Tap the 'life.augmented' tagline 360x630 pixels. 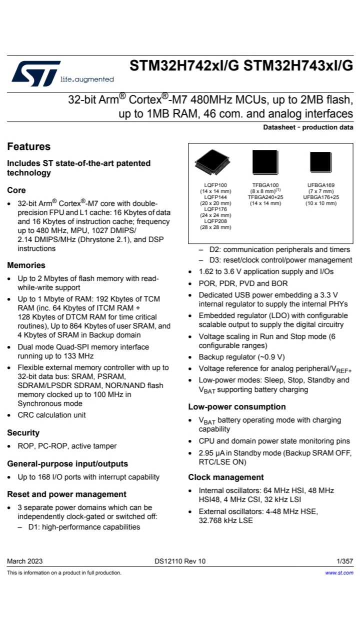tap(86, 79)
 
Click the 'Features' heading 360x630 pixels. tap(28, 146)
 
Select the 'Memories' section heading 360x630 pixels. tap(26, 265)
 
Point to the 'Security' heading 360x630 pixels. tap(23, 432)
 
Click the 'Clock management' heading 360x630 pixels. tap(225, 477)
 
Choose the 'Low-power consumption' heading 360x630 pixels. tap(236, 406)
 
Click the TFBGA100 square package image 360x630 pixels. tap(265, 162)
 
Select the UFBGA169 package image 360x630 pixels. tap(320, 162)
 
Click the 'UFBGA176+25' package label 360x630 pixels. tap(320, 197)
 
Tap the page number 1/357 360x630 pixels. tap(344, 561)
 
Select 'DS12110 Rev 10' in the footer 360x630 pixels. tap(180, 561)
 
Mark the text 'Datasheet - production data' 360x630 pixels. tap(308, 127)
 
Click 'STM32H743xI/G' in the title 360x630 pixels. tap(298, 66)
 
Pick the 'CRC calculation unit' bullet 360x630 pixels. tap(51, 414)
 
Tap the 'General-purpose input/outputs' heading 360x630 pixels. tap(67, 463)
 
